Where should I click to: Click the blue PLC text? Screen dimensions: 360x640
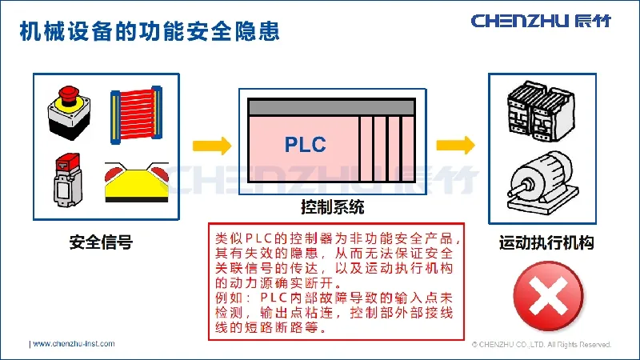(305, 145)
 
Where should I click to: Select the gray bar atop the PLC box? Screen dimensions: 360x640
(332, 107)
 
